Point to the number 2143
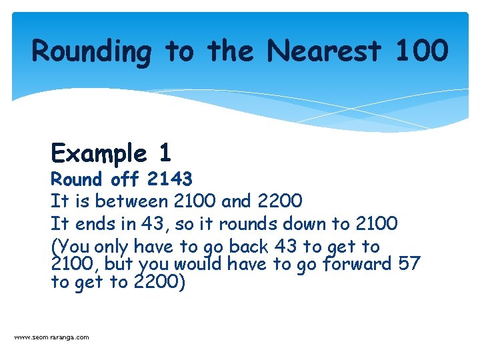click(x=170, y=179)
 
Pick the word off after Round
click(x=125, y=179)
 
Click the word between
click(x=131, y=201)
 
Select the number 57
click(x=409, y=264)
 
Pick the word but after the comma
click(x=121, y=264)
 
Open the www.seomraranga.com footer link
click(x=51, y=337)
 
